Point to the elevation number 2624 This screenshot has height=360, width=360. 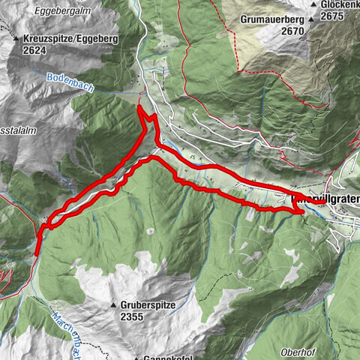pos(36,49)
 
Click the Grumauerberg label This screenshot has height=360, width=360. pos(272,19)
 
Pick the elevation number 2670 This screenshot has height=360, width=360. pos(272,31)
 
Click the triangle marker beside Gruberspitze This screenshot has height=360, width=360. pos(115,306)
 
